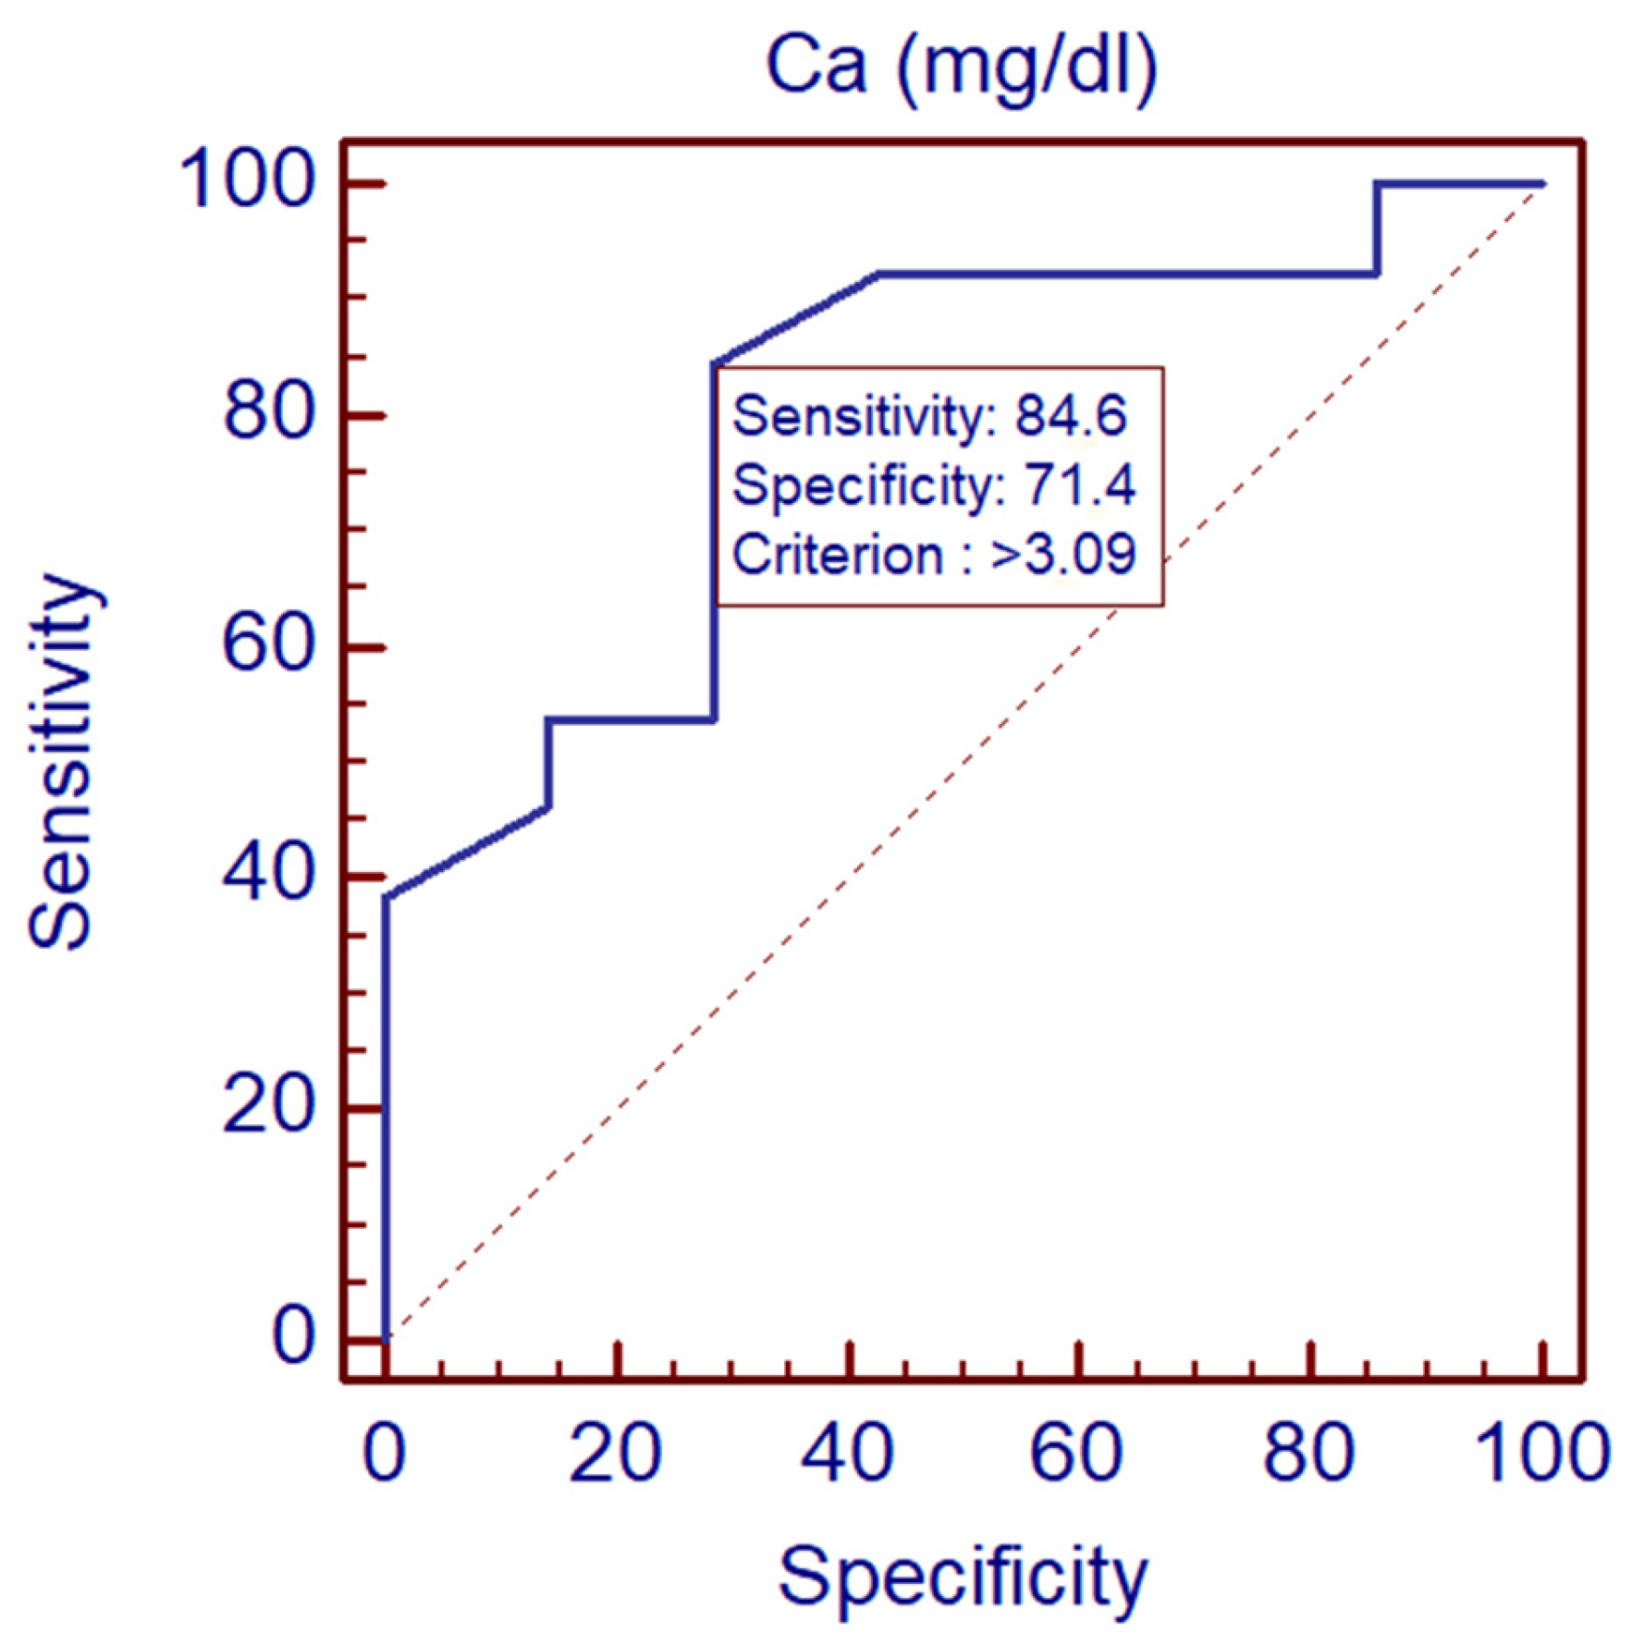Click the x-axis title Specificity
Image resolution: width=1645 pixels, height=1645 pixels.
pyautogui.click(x=962, y=1577)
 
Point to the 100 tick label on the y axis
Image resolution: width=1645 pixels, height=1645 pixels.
pyautogui.click(x=248, y=180)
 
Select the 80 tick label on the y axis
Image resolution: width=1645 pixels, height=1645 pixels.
pyautogui.click(x=268, y=412)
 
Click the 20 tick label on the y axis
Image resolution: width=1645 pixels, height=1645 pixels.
pyautogui.click(x=268, y=1106)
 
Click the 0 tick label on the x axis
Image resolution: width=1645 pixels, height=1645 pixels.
pyautogui.click(x=384, y=1454)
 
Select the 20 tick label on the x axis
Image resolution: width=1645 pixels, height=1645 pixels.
pyautogui.click(x=615, y=1454)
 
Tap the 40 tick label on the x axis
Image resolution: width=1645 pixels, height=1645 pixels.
pyautogui.click(x=847, y=1454)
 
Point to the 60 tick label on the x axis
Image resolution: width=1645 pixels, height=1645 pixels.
pyautogui.click(x=1077, y=1454)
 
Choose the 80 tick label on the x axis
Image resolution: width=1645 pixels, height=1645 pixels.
pyautogui.click(x=1309, y=1454)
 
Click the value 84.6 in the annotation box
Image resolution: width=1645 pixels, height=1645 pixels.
pyautogui.click(x=1071, y=416)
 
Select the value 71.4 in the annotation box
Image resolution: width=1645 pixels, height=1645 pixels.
pyautogui.click(x=1079, y=485)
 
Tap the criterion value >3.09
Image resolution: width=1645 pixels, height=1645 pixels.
pyautogui.click(x=1062, y=555)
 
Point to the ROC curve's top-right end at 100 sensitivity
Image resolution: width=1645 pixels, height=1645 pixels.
pyautogui.click(x=1541, y=184)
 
